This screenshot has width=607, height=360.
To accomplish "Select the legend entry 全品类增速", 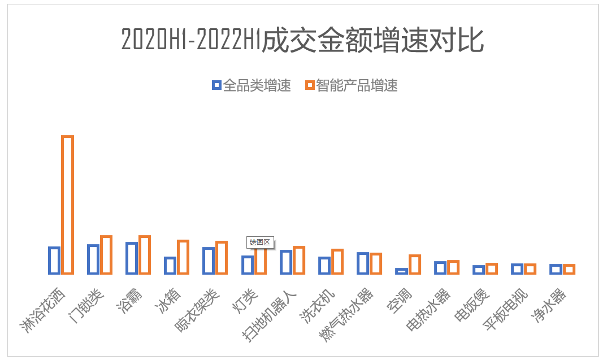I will coord(252,85).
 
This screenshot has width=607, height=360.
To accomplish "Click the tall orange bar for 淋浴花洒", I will coord(68,205).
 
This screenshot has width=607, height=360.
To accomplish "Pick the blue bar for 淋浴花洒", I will coord(54,261).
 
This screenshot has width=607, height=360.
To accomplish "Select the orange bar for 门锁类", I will coord(106,255).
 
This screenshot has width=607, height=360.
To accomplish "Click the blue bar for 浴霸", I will coord(132,258).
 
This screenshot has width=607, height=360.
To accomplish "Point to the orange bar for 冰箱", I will coord(183,257).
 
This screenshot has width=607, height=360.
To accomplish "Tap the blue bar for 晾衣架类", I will coord(209,261).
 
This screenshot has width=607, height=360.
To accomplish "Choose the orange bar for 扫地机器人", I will coord(299,260).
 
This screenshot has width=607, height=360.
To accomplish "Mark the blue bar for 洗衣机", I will coord(324,266).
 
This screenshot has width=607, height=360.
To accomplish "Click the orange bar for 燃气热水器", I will coord(376,263).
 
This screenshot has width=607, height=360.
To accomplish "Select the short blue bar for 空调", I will coord(401,271).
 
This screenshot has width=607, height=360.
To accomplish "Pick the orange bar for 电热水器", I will coord(453,267).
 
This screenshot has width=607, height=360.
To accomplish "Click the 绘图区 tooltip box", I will coord(260,242).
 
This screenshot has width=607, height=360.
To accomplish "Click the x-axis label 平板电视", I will coord(506,310).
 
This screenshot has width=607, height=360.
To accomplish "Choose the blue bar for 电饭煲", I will coord(479,270).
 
